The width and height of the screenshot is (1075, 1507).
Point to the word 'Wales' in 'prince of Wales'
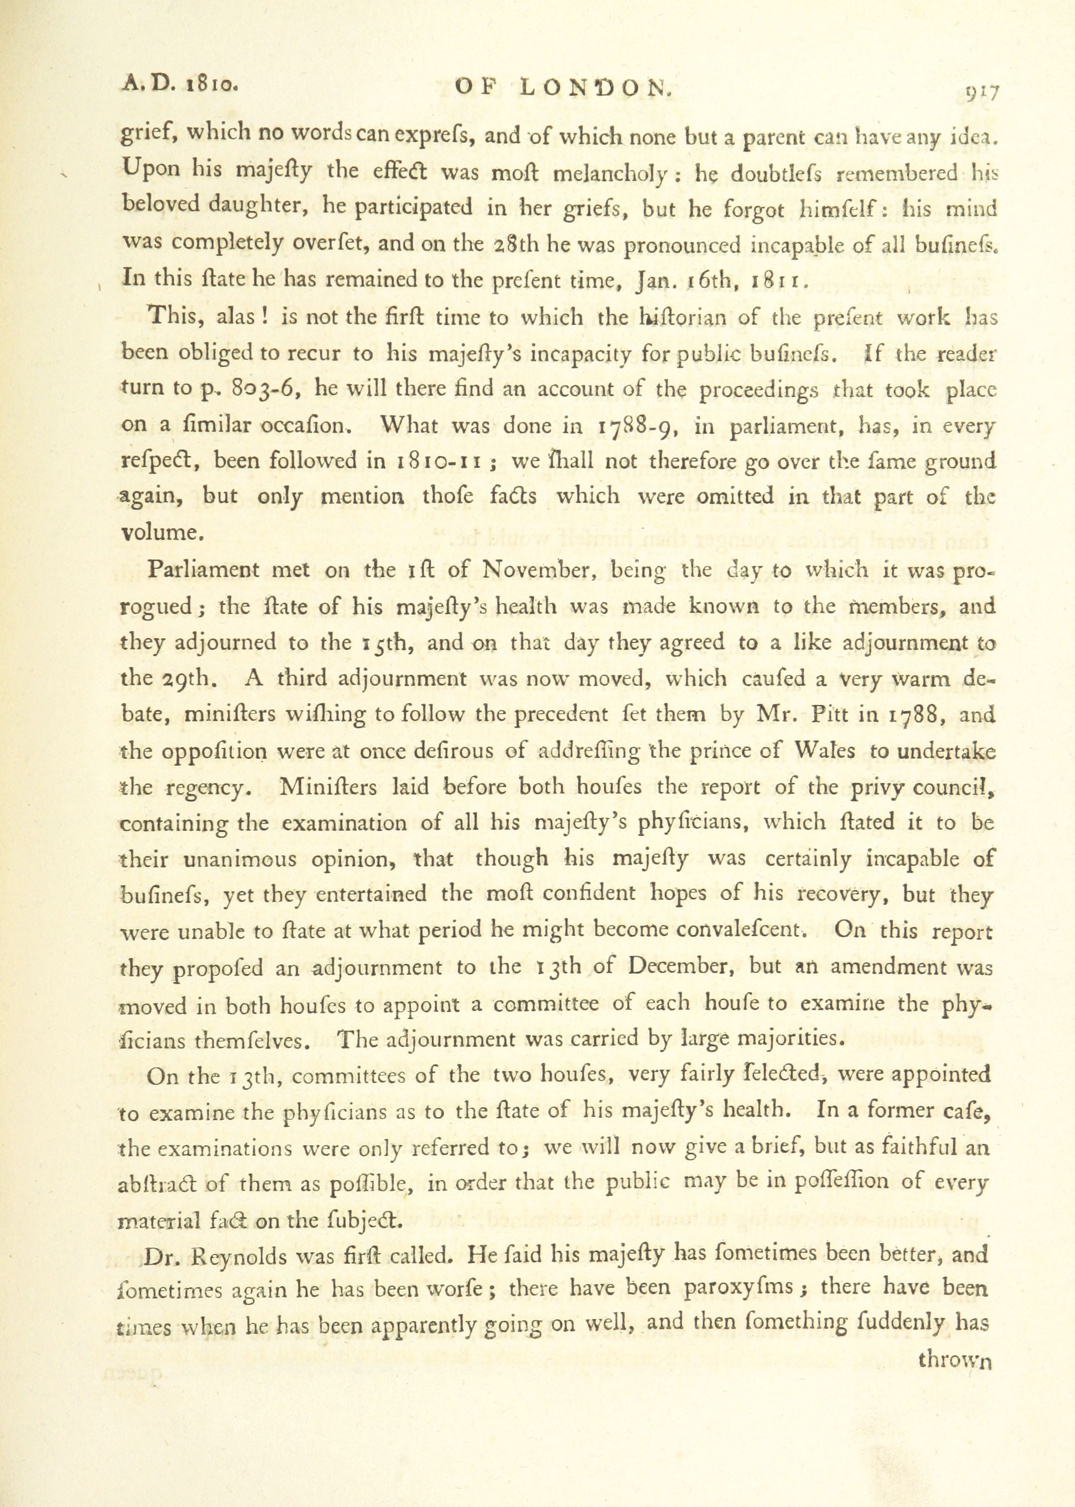[x=826, y=751]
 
